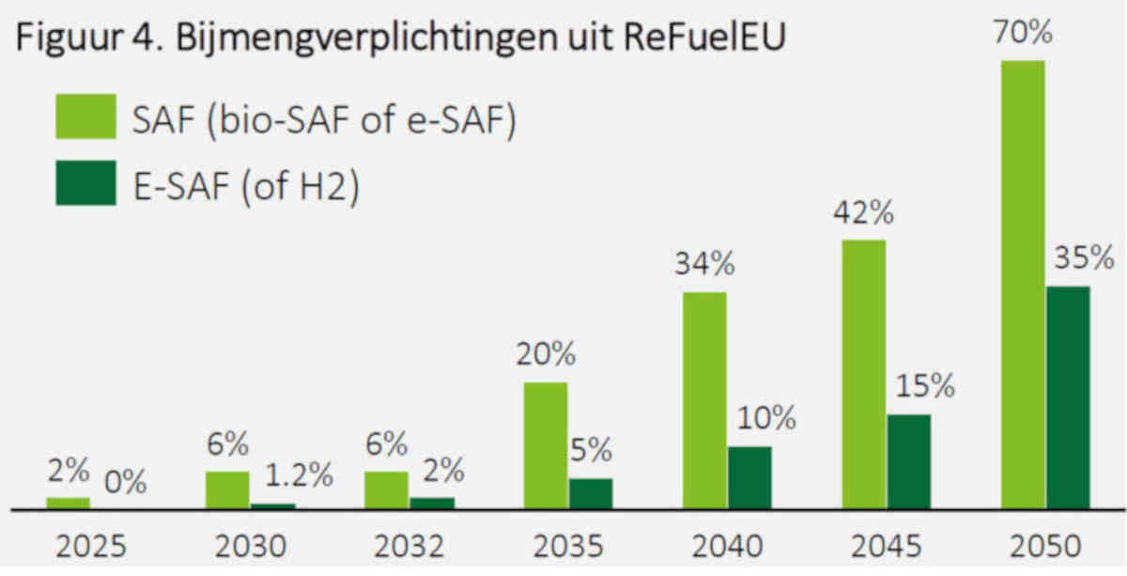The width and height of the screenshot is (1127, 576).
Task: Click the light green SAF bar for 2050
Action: (x=1023, y=285)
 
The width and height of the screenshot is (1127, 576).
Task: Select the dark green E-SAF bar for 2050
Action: (x=1069, y=398)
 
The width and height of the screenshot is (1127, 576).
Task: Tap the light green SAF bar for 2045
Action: (x=864, y=375)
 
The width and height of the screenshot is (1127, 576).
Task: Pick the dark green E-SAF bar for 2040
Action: (x=749, y=478)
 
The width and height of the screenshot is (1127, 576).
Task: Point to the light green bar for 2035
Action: (x=546, y=446)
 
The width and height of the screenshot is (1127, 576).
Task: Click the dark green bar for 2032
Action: (x=432, y=504)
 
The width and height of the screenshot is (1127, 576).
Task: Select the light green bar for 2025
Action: (x=68, y=504)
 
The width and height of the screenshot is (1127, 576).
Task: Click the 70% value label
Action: (x=1023, y=32)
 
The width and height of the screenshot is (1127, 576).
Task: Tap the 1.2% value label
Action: (x=299, y=475)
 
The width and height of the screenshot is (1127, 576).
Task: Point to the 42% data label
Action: (x=864, y=212)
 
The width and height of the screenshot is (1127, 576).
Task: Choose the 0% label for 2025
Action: (x=125, y=482)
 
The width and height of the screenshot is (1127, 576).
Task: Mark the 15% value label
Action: (x=926, y=387)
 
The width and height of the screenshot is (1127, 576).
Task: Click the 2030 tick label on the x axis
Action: (x=251, y=546)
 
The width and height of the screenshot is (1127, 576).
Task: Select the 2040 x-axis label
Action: (x=728, y=546)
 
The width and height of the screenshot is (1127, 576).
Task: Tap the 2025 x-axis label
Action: (x=91, y=546)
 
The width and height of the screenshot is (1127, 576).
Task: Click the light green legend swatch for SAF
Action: (x=86, y=117)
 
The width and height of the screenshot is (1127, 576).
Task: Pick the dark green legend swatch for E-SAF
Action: (x=86, y=183)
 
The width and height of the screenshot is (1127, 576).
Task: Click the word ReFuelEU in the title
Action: (x=704, y=38)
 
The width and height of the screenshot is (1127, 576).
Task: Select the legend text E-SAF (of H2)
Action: (x=246, y=186)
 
